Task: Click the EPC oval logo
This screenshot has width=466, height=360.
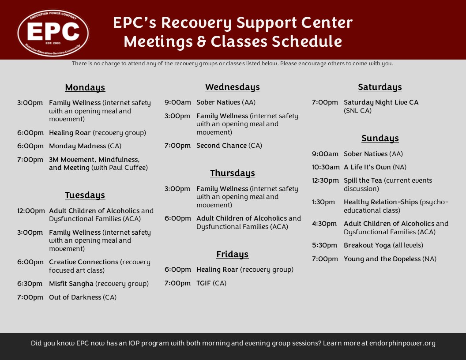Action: [x=53, y=33]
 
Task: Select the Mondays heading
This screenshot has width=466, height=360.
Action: [x=85, y=87]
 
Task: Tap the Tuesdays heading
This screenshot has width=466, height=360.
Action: [x=85, y=195]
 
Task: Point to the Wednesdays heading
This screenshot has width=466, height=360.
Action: [x=233, y=87]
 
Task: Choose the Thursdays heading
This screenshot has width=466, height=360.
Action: [x=233, y=173]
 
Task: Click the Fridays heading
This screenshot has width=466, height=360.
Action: [x=233, y=254]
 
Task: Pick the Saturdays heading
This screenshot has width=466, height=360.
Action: [x=380, y=87]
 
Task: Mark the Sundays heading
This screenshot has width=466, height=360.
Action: [x=380, y=138]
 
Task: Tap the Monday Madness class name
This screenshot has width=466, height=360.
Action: [x=78, y=146]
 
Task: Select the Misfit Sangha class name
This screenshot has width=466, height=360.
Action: [x=71, y=284]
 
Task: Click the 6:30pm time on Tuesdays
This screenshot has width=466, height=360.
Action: [x=30, y=284]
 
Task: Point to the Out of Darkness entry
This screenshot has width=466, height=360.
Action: [x=75, y=297]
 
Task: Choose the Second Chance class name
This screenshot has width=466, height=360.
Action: [x=222, y=146]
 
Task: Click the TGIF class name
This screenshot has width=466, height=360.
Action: [x=203, y=283]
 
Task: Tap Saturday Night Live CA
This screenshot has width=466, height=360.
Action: [x=381, y=102]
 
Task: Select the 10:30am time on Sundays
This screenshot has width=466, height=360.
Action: [x=326, y=167]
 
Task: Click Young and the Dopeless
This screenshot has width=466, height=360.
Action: [x=382, y=259]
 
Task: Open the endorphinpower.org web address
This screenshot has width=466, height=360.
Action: [x=402, y=343]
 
